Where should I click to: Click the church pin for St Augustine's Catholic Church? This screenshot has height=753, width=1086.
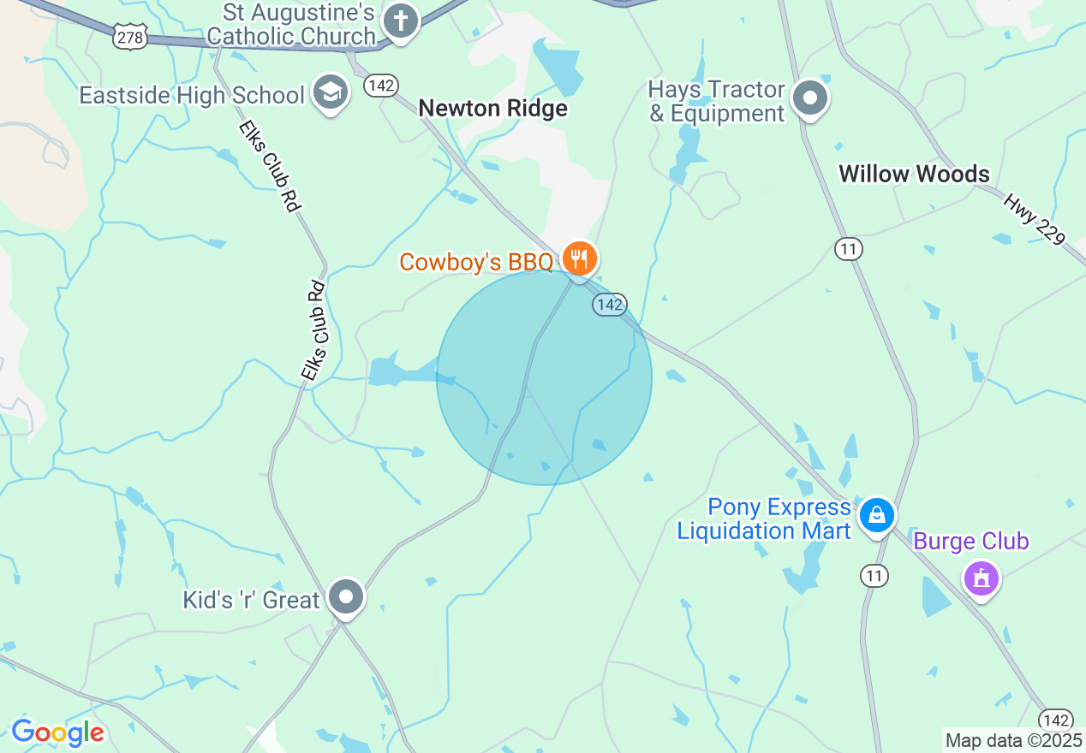coord(400,21)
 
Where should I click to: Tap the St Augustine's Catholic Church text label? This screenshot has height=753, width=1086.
coord(291,24)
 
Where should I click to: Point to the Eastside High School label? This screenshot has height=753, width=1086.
coord(192,95)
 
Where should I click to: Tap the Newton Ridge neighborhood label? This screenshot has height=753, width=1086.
coord(492,109)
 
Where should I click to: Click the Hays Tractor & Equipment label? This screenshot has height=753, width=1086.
coord(717,102)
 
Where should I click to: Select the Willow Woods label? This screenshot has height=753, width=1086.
coord(914,174)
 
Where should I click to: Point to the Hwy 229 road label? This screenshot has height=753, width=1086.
coord(1034,220)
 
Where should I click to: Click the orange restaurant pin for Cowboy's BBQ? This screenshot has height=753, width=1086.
coord(580,258)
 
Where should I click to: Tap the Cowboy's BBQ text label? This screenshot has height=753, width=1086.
coord(476,262)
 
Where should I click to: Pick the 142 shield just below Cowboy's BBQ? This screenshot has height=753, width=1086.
coord(610,305)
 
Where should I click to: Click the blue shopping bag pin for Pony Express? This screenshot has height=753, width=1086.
coord(877,515)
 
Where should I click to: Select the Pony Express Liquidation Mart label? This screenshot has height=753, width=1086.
coord(764,519)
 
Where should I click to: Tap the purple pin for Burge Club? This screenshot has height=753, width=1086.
coord(982,578)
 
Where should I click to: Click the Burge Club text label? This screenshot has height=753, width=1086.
coord(971,542)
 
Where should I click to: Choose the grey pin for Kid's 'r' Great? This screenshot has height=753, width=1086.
coord(347,596)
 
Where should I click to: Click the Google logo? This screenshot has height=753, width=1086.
coord(57,732)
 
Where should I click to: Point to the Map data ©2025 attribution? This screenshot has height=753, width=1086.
coord(1014,741)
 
